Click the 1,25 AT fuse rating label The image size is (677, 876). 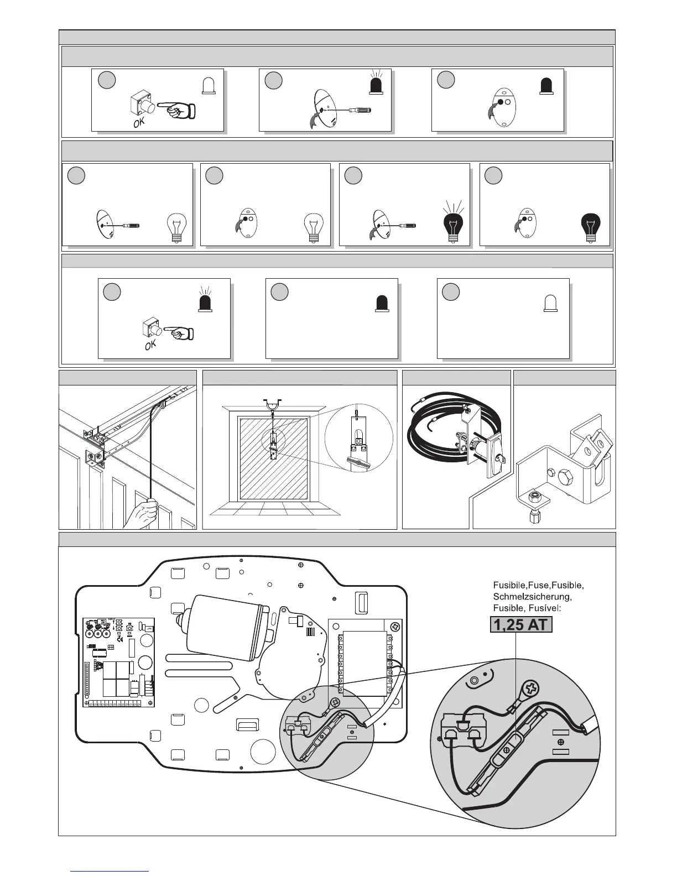coord(521,625)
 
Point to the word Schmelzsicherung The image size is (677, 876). coord(532,597)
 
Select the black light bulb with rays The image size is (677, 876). coord(454,225)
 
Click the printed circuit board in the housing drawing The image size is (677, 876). coord(119,661)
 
